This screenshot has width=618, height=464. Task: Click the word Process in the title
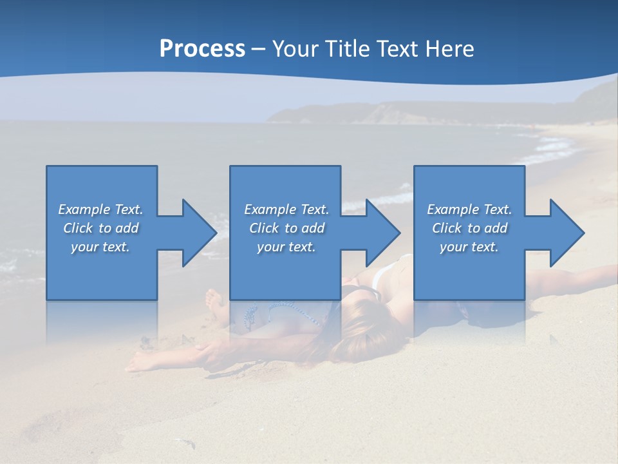(x=202, y=49)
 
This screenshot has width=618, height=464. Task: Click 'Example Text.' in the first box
(x=100, y=209)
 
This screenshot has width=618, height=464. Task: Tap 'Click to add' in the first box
(x=100, y=228)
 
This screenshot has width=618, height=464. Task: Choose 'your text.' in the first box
(x=100, y=247)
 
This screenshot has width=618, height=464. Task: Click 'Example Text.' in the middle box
(x=286, y=209)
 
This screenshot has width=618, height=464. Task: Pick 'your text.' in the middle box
(x=286, y=247)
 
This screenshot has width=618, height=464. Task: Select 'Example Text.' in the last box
(x=469, y=209)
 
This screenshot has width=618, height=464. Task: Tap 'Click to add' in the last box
(x=469, y=228)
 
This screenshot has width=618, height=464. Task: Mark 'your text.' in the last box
(x=469, y=247)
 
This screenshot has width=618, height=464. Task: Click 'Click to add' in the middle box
(x=286, y=228)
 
